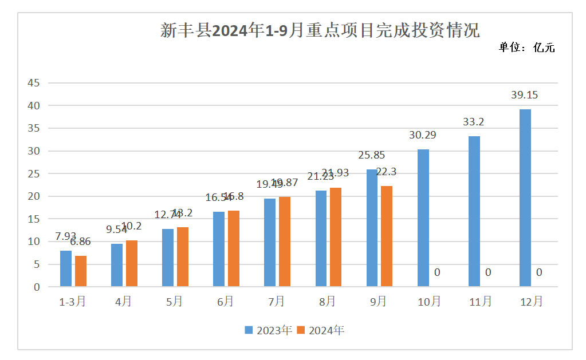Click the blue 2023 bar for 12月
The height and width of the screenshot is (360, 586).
[x=525, y=197]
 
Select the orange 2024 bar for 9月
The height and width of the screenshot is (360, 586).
[x=387, y=236]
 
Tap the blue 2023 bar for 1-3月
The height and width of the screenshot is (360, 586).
[x=66, y=268]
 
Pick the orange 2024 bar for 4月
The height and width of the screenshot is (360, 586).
[x=132, y=263]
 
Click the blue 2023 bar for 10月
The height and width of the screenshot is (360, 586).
[x=423, y=217]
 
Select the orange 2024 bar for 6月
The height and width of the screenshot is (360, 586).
[x=234, y=248]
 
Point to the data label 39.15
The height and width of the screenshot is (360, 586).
[x=525, y=95]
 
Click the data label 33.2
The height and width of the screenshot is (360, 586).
[x=474, y=122]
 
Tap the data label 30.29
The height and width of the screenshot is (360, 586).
[x=423, y=136]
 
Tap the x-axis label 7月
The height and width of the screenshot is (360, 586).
[x=276, y=301]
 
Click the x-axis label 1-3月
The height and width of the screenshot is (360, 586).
[x=72, y=301]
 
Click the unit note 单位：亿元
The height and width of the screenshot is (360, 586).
[x=526, y=48]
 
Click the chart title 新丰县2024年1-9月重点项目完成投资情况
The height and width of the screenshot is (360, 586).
[x=319, y=30]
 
